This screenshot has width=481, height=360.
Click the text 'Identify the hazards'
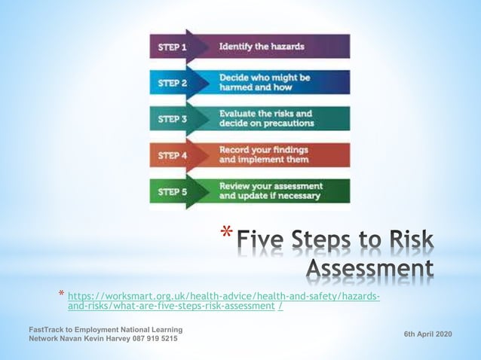(x=262, y=47)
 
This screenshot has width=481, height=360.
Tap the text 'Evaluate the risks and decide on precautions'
(x=265, y=118)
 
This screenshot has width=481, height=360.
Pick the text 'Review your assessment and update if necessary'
(x=271, y=191)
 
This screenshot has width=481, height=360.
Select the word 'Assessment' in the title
(x=370, y=268)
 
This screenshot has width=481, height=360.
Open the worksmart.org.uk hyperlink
(x=224, y=301)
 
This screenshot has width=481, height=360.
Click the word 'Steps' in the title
(x=331, y=241)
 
